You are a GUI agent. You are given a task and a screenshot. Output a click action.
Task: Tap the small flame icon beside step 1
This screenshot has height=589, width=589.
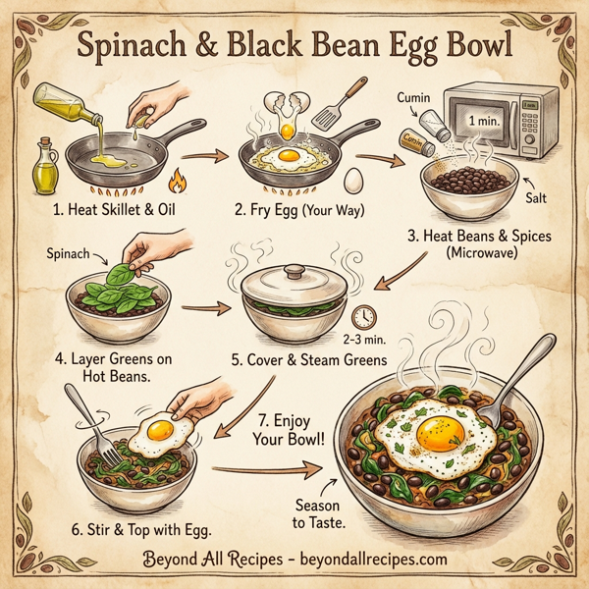(178, 182)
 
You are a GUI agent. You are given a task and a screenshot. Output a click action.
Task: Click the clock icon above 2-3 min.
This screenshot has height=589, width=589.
(362, 316)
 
